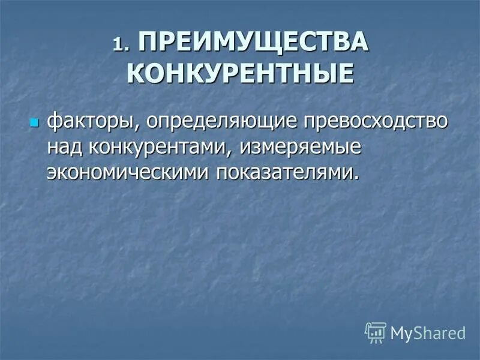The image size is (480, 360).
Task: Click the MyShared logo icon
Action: [376, 331]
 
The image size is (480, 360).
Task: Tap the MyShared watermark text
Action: [428, 332]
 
